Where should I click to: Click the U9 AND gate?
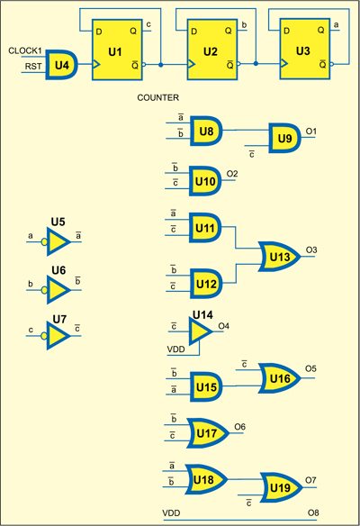click(x=286, y=140)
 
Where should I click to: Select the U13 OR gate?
click(x=278, y=258)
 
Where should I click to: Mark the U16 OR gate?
click(x=278, y=378)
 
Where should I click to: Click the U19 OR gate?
click(x=278, y=489)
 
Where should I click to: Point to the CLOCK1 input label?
click(x=25, y=52)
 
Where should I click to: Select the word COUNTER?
click(x=158, y=96)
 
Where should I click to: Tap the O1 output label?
click(x=312, y=132)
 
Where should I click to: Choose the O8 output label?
click(x=312, y=513)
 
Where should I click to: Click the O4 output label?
click(x=224, y=325)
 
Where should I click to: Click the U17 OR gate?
click(x=205, y=433)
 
